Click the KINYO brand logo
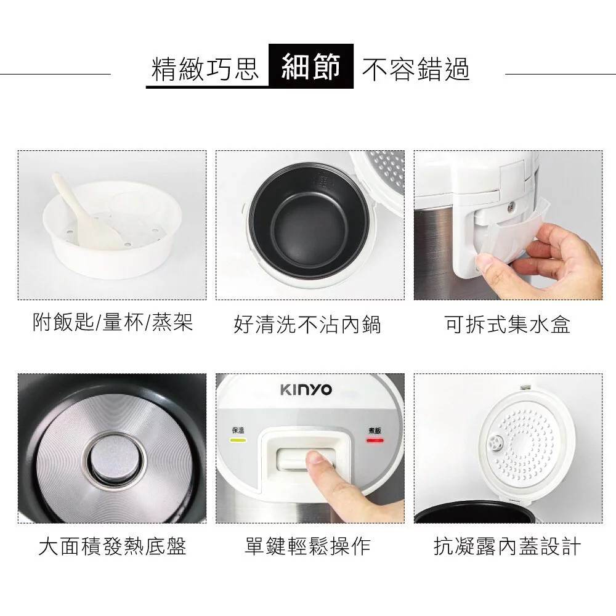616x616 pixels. pos(306,390)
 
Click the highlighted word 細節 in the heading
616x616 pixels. pos(311,67)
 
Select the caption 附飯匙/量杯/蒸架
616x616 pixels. pos(113,322)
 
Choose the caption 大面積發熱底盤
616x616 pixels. pos(112,546)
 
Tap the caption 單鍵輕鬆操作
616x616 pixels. pos(307,546)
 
